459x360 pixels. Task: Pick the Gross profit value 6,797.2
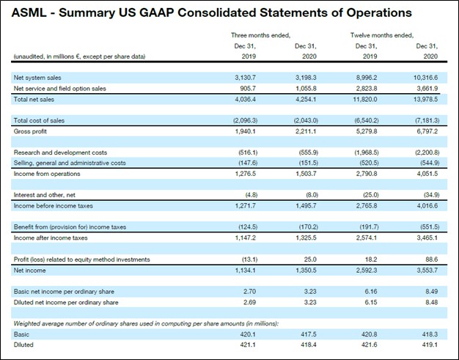[427, 131]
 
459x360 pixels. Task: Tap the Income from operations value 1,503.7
[306, 174]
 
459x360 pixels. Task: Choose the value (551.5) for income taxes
[427, 227]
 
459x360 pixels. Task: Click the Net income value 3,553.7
[427, 270]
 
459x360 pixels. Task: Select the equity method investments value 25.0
[310, 259]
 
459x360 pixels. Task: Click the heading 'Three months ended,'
[260, 34]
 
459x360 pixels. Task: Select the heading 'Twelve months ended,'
[381, 34]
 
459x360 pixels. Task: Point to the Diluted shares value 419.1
[430, 345]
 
